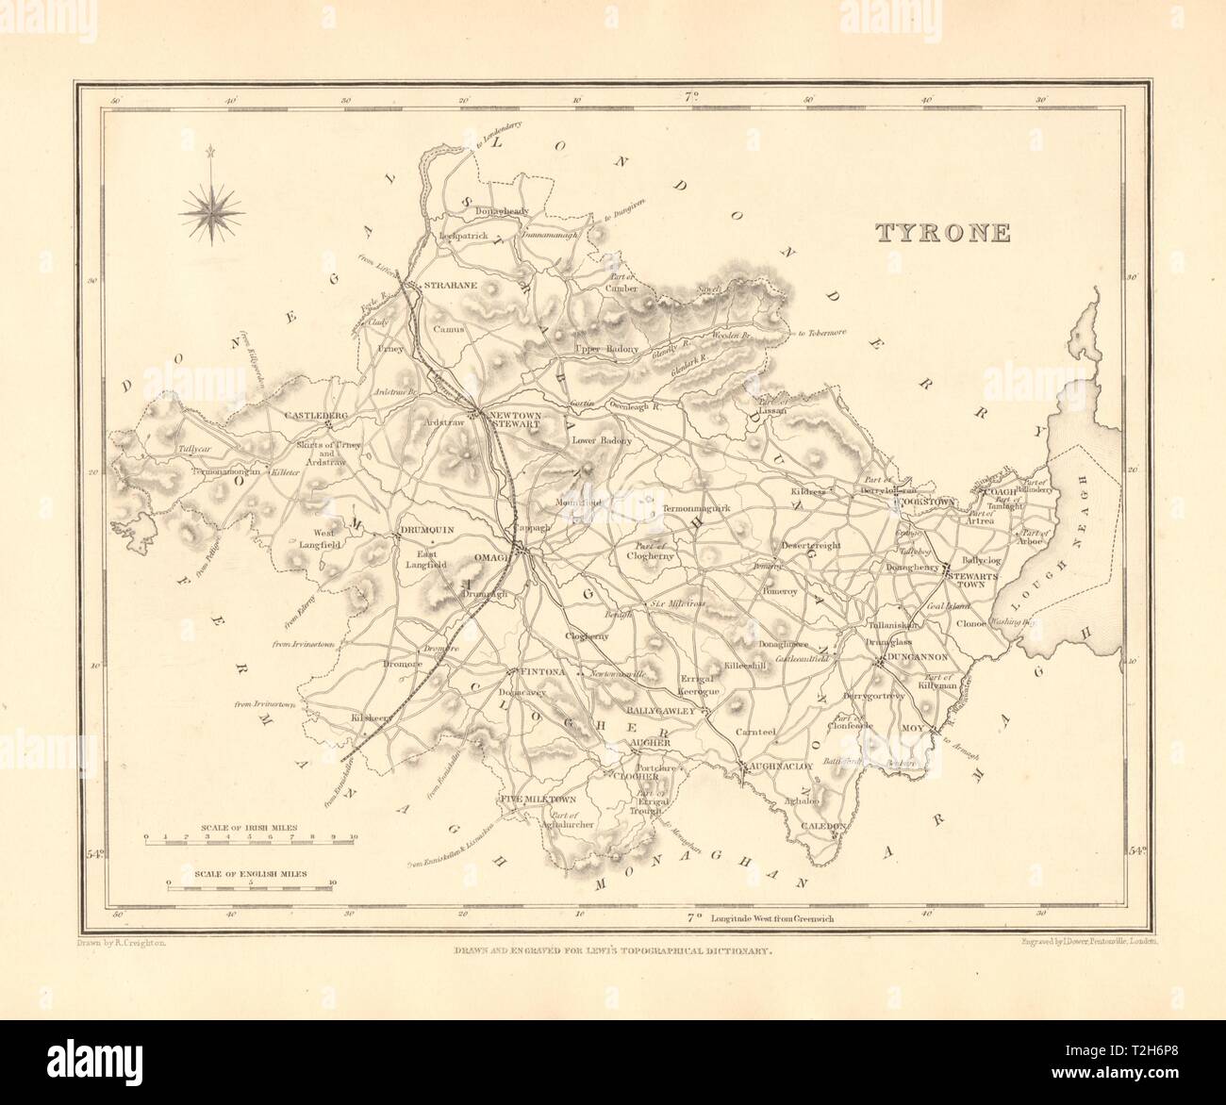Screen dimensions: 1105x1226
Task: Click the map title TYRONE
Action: pos(943,233)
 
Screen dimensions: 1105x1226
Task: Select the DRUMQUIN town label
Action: pos(427,531)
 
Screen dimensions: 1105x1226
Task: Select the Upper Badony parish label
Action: pos(605,349)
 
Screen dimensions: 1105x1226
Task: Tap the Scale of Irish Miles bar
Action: pos(249,835)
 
